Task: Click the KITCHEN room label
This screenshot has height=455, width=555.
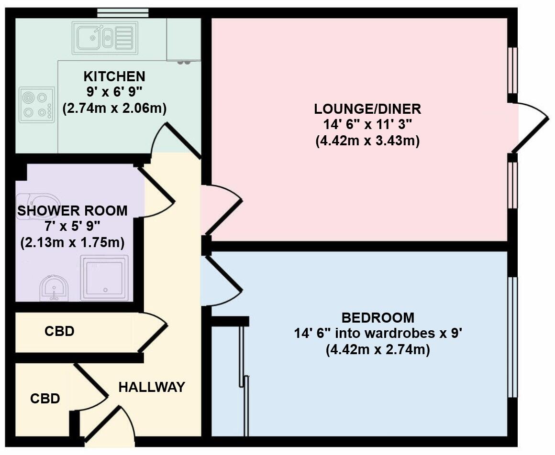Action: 114,76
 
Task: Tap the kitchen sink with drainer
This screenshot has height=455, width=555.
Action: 105,38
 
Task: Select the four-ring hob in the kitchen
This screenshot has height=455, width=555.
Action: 37,105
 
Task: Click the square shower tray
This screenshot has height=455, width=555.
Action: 104,278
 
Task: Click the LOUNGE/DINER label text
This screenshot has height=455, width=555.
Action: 367,109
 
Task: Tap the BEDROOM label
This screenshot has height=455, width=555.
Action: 377,317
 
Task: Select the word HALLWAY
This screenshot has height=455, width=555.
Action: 151,387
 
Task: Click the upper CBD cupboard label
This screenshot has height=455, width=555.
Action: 59,331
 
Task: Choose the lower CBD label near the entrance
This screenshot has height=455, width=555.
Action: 45,399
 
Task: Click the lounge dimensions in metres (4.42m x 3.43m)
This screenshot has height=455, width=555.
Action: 367,141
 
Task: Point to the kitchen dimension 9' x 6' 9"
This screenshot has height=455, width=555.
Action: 114,92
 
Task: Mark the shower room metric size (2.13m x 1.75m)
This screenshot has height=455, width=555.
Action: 72,243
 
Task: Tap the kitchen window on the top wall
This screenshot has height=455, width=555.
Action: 122,12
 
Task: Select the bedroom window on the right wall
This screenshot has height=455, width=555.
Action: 512,337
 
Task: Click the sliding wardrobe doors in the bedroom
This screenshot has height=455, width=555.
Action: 244,378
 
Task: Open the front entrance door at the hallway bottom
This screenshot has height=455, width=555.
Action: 103,423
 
